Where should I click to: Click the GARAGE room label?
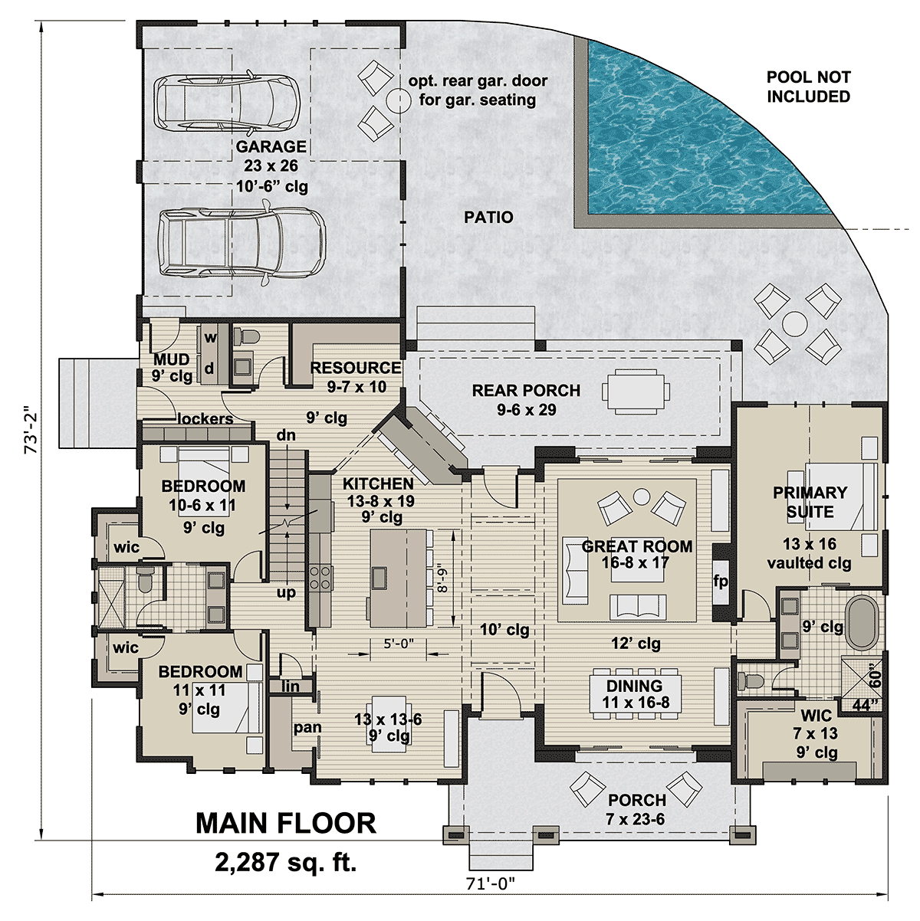click(x=271, y=146)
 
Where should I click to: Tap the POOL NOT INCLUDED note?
click(x=808, y=87)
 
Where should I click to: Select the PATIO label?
click(x=488, y=218)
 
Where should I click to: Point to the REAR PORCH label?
click(x=526, y=391)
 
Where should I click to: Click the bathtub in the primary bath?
click(x=862, y=622)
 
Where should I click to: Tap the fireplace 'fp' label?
click(x=721, y=581)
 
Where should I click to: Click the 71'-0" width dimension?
click(x=491, y=883)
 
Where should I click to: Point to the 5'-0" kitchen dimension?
click(x=398, y=644)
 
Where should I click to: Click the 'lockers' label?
click(x=205, y=418)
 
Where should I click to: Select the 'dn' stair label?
click(x=286, y=435)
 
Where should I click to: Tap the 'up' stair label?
click(x=286, y=593)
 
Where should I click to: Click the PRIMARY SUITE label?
click(x=810, y=502)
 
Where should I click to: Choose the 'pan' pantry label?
click(x=307, y=727)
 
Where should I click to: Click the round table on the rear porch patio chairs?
click(x=795, y=324)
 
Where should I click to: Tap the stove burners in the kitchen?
click(x=320, y=577)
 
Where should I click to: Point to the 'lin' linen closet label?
click(x=291, y=687)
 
